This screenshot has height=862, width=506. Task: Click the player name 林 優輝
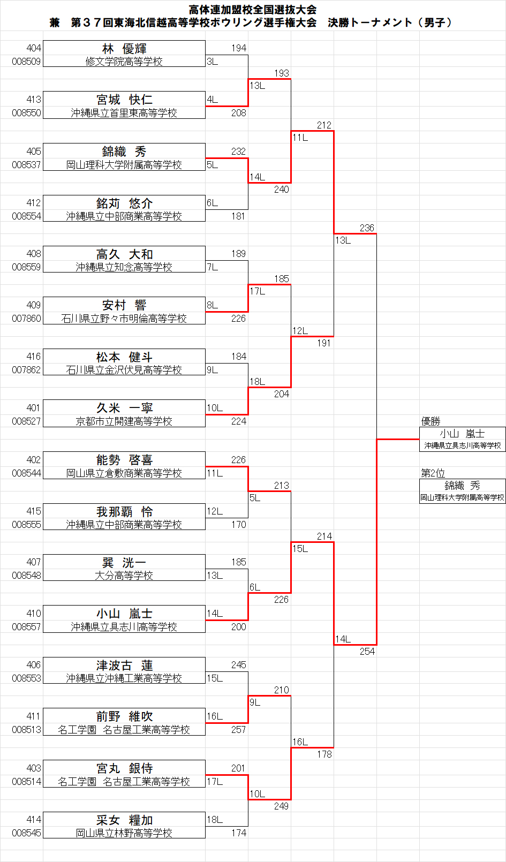tap(124, 49)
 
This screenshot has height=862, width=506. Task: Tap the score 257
tap(239, 730)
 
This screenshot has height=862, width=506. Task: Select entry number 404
tap(34, 48)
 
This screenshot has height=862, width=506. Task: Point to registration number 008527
tap(26, 421)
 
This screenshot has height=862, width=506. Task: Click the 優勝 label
tap(431, 421)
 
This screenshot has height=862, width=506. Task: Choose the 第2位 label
tap(433, 473)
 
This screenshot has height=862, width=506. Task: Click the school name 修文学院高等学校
tap(124, 62)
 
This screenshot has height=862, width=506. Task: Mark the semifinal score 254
tap(367, 652)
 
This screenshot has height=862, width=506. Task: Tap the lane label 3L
tap(213, 62)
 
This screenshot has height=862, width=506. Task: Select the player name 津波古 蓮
tap(124, 666)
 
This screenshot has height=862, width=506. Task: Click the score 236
tap(367, 228)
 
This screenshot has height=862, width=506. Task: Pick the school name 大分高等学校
tap(124, 576)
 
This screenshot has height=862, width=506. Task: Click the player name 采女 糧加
tap(124, 820)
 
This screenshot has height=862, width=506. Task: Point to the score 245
tap(239, 664)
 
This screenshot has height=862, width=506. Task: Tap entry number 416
tap(34, 357)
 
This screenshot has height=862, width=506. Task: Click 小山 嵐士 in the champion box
tap(462, 434)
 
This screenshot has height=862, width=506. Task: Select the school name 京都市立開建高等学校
tap(124, 421)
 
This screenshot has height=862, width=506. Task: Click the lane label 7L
tap(213, 267)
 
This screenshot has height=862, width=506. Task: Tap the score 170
tap(239, 525)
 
